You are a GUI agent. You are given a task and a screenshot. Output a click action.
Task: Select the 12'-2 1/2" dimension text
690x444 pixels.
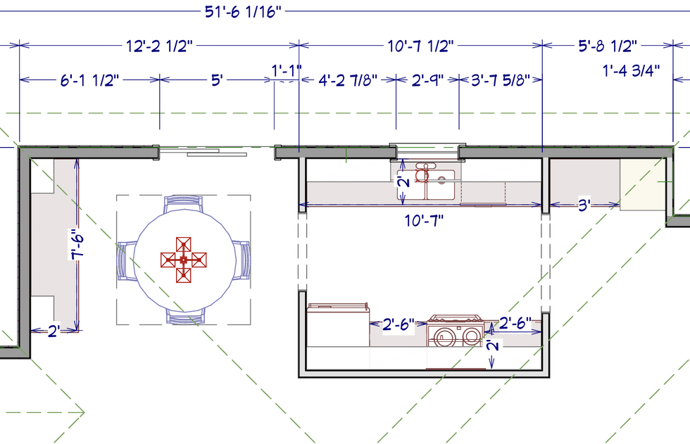pyautogui.click(x=159, y=46)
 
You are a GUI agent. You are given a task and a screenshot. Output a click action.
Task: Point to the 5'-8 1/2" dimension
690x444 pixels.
pyautogui.click(x=603, y=46)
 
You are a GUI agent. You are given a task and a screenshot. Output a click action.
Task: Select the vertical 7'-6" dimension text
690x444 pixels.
pyautogui.click(x=79, y=243)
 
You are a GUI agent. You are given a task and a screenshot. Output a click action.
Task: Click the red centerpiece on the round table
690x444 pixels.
pyautogui.click(x=183, y=260)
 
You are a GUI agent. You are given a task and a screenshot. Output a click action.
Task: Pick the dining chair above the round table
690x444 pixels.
pyautogui.click(x=184, y=204)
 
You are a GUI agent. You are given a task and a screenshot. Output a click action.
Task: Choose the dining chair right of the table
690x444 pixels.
pyautogui.click(x=242, y=260)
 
